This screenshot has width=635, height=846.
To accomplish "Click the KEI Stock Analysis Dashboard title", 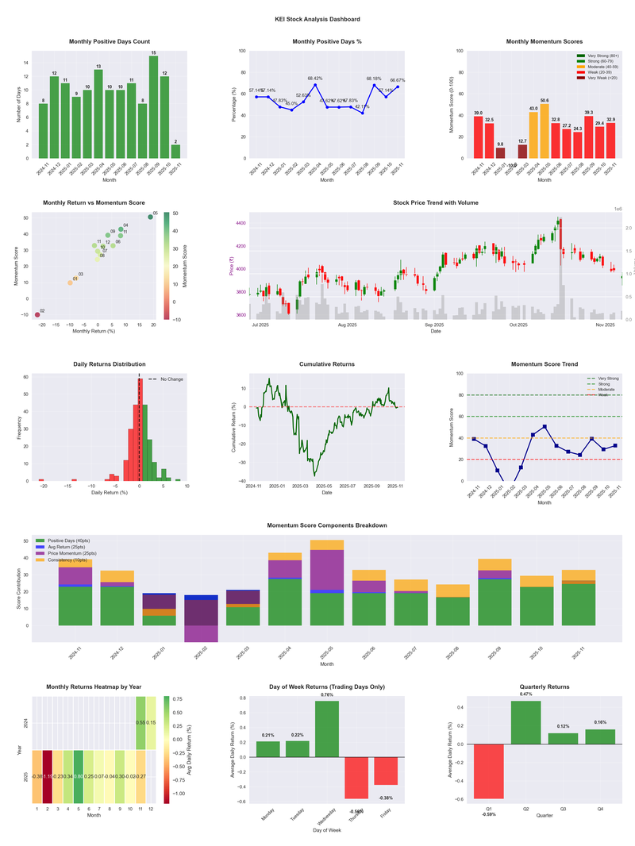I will pos(317,19).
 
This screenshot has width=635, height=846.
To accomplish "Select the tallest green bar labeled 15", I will pos(153,107).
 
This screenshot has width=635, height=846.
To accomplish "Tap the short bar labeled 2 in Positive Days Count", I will pos(175,152).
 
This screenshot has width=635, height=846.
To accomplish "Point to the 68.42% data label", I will pos(315,79).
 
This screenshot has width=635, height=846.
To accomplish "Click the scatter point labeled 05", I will pos(150,217).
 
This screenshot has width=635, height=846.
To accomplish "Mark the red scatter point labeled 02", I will pos(37,315).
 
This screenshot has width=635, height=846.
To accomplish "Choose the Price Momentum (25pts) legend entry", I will pos(75,553).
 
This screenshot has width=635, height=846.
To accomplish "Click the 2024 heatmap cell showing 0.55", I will pos(140,723).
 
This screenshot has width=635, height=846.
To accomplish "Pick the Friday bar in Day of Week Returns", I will pos(386,771).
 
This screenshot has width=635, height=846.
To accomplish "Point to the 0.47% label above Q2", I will pos(525,694).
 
